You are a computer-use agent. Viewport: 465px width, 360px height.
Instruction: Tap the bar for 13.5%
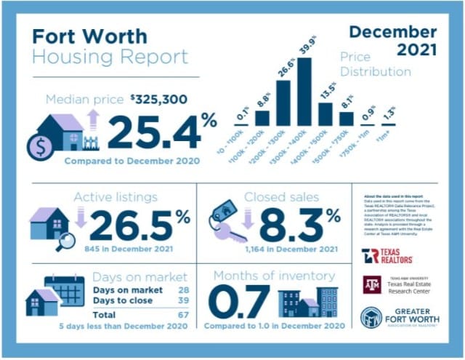(x=325, y=114)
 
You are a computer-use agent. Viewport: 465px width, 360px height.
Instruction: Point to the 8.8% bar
(x=262, y=118)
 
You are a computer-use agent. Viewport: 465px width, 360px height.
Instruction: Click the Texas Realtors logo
(x=387, y=256)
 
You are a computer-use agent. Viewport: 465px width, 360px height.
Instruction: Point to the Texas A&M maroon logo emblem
(x=371, y=284)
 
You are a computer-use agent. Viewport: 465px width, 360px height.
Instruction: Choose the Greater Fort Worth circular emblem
(x=371, y=318)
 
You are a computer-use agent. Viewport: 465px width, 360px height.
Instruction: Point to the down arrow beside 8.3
(x=247, y=217)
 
